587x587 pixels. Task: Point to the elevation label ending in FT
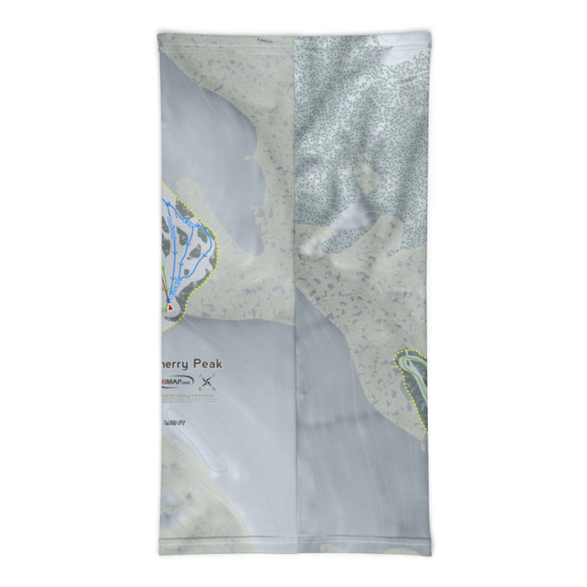(x=170, y=422)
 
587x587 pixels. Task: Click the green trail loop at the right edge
(x=414, y=367)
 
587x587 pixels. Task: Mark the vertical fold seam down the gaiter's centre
(x=295, y=293)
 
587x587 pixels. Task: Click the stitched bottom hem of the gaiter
(x=293, y=550)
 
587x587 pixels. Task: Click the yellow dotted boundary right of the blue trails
(x=217, y=253)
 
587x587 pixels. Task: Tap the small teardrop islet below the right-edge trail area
(x=423, y=445)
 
